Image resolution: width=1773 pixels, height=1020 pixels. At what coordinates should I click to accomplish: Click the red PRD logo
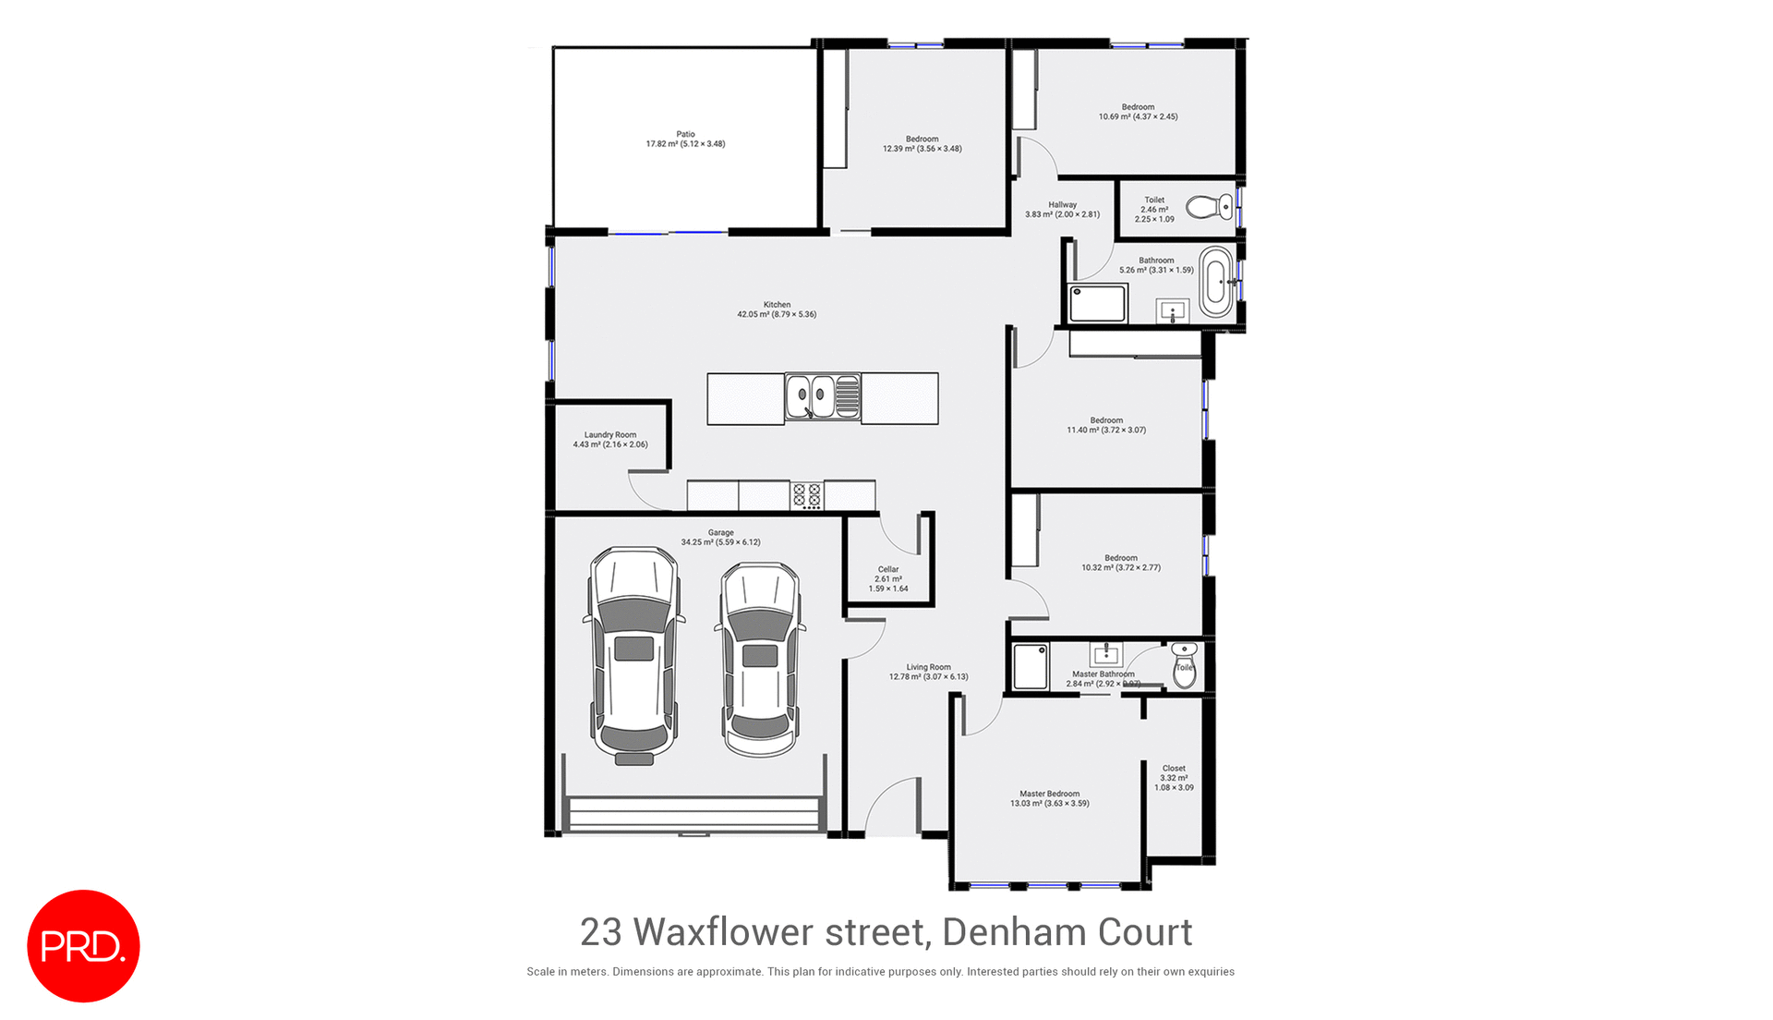tap(83, 945)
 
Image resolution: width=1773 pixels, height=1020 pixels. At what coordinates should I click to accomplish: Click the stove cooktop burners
tap(806, 496)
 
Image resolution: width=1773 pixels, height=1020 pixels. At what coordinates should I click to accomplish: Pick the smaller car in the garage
tap(759, 660)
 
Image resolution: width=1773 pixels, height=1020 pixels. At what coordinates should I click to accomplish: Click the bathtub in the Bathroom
tap(1216, 282)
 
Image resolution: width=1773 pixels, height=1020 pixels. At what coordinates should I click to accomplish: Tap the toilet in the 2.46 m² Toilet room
tap(1209, 207)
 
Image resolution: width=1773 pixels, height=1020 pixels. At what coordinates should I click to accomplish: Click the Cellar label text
tap(888, 570)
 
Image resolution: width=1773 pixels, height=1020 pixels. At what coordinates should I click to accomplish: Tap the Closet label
tap(1174, 769)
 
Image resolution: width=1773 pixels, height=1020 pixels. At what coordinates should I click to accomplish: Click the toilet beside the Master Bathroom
tap(1184, 666)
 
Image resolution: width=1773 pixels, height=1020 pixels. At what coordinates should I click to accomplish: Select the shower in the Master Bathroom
tap(1031, 666)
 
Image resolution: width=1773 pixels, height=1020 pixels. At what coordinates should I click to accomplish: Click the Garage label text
tap(720, 533)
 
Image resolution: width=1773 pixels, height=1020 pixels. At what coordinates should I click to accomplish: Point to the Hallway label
tap(1062, 205)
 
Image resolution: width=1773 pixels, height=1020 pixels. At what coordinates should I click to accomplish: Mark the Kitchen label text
tap(777, 305)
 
